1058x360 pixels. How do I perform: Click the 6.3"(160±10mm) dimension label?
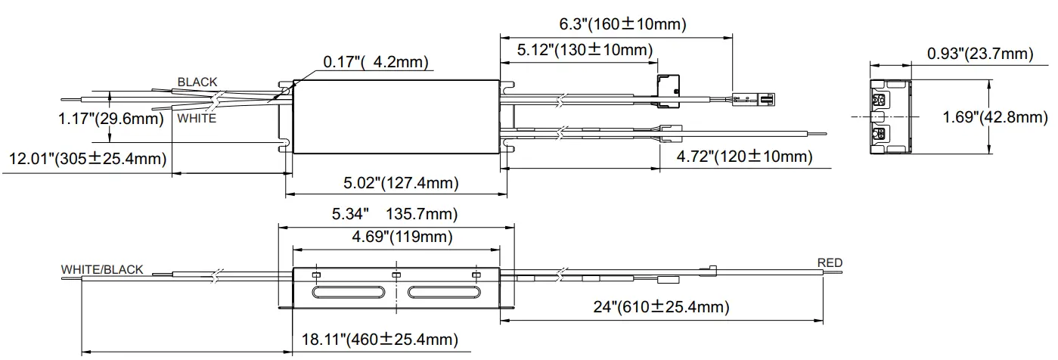point(622,23)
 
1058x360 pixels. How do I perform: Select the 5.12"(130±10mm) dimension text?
point(585,50)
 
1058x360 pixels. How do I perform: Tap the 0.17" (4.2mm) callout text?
point(376,62)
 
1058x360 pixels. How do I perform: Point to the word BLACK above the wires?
point(197,82)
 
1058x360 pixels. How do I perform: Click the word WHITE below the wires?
point(197,118)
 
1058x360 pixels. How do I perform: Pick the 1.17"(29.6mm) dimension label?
point(111,118)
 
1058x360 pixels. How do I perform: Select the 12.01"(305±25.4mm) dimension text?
point(88,158)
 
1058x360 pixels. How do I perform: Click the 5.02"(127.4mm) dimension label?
point(401,183)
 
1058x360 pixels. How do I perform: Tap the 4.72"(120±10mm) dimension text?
point(744,157)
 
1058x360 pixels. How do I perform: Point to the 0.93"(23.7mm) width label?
point(981,54)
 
